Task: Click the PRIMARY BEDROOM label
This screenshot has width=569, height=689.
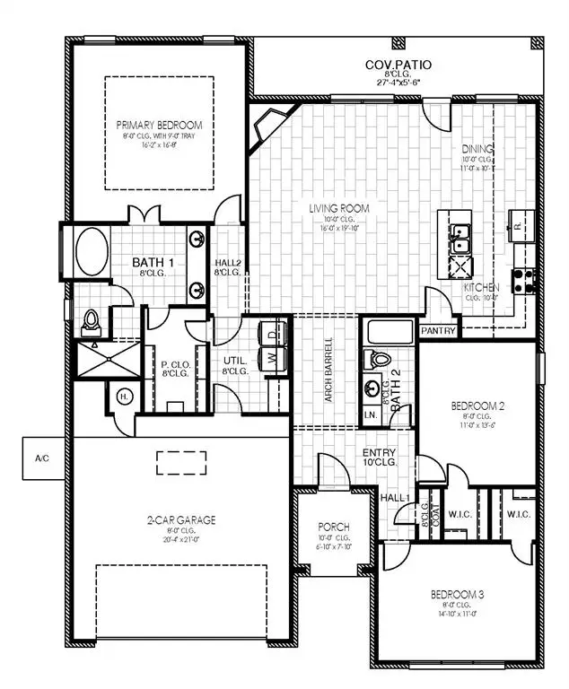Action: coord(159,125)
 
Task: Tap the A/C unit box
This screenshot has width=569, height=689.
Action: coord(40,458)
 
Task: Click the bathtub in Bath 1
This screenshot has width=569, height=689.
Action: coord(92,252)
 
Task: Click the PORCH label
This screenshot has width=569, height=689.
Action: coord(334,527)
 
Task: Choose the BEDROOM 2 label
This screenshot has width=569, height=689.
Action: coord(477,406)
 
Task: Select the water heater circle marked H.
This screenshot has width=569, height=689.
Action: coord(122,395)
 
